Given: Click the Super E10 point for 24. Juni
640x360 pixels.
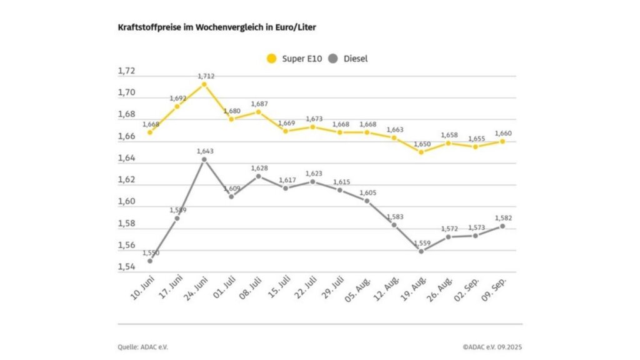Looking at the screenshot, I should pyautogui.click(x=204, y=84).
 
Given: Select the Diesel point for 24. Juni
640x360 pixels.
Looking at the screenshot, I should pyautogui.click(x=204, y=159).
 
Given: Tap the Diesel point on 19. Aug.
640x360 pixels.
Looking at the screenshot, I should pyautogui.click(x=421, y=251).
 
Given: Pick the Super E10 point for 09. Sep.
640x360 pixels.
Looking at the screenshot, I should pyautogui.click(x=502, y=141).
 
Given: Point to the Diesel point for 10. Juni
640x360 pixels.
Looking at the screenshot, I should pyautogui.click(x=150, y=261).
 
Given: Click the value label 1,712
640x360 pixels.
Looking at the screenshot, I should pyautogui.click(x=206, y=76).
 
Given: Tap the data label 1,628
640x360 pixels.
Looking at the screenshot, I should pyautogui.click(x=259, y=167).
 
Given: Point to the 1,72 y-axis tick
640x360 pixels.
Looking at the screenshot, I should pyautogui.click(x=126, y=71).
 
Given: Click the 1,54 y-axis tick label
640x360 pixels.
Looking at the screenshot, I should pyautogui.click(x=126, y=267).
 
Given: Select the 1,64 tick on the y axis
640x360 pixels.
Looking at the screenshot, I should pyautogui.click(x=126, y=158).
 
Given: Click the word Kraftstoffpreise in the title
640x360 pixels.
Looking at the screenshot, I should pyautogui.click(x=146, y=27).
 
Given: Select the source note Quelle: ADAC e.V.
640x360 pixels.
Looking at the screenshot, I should pyautogui.click(x=143, y=346).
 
